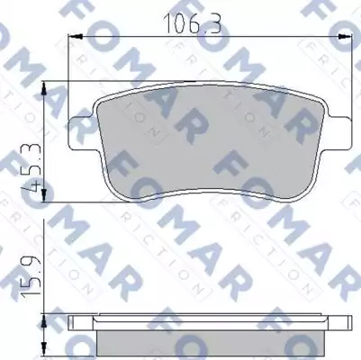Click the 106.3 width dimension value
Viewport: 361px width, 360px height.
click(x=193, y=23)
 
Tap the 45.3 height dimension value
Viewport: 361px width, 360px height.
click(x=32, y=167)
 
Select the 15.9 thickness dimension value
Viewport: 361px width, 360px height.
click(x=32, y=275)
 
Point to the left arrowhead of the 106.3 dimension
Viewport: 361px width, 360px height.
click(x=76, y=37)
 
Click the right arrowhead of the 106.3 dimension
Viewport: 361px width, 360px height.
click(x=345, y=37)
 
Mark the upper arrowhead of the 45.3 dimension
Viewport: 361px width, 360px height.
click(x=44, y=88)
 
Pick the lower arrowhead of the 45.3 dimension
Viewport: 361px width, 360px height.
click(x=44, y=194)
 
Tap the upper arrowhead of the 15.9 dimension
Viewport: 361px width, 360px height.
click(x=44, y=321)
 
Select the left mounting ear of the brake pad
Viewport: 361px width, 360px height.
click(x=80, y=133)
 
